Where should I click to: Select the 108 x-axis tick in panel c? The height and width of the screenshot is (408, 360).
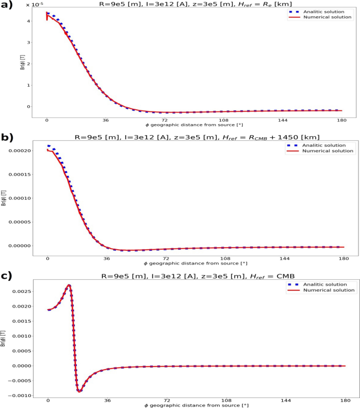[225, 399]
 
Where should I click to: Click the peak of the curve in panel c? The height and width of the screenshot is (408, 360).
[69, 285]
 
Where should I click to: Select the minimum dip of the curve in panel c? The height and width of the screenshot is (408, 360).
[79, 391]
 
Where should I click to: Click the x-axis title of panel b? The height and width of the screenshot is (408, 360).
[195, 263]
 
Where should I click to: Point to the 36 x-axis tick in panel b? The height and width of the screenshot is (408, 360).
[107, 258]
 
